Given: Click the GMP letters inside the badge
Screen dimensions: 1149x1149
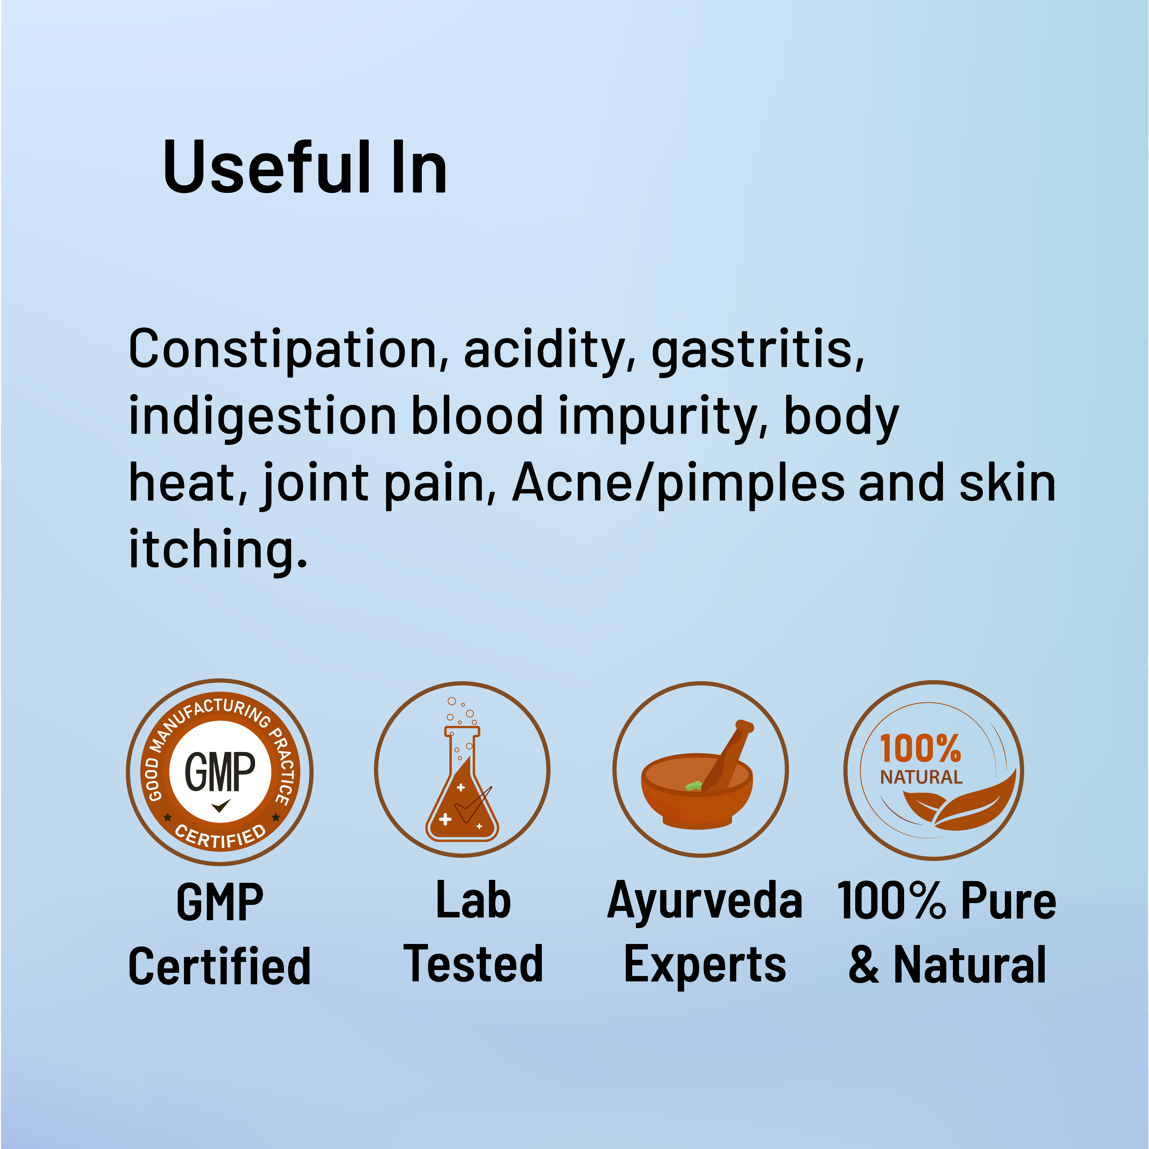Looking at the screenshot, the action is [220, 771].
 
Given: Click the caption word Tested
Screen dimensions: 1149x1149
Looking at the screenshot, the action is [473, 963].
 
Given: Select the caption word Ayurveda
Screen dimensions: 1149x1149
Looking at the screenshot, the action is [705, 900].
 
